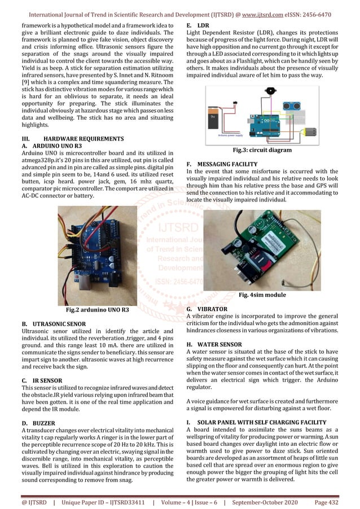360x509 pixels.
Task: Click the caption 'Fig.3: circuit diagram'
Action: (x=262, y=151)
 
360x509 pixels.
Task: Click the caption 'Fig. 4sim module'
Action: (x=262, y=295)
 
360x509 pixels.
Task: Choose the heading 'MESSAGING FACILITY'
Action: (x=232, y=164)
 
